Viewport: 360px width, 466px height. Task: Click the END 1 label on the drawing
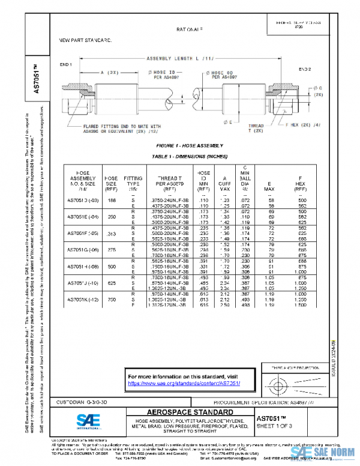pos(65,64)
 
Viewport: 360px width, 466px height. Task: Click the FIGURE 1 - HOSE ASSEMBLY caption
pos(189,146)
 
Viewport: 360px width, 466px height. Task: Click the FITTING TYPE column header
pos(133,182)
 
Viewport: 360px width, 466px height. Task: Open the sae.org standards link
pos(184,383)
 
